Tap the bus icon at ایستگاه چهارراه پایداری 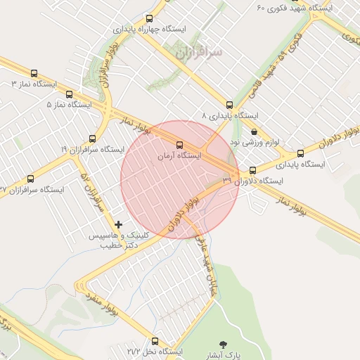[148, 19]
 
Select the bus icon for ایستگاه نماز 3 [34, 73]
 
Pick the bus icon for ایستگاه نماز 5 [68, 94]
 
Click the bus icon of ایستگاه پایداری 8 [229, 104]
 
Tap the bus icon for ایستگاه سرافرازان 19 [92, 139]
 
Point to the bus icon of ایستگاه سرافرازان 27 [30, 179]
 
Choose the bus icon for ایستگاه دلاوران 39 [253, 169]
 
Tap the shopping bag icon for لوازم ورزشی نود [254, 131]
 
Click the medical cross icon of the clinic [118, 224]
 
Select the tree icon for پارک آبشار [224, 344]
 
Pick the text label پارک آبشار [228, 355]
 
